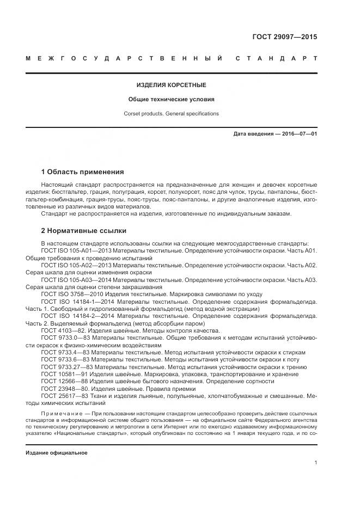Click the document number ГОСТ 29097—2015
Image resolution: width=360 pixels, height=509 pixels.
point(284,37)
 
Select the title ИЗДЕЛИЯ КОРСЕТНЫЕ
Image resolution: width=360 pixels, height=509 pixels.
point(171,85)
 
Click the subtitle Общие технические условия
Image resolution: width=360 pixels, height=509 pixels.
point(171,100)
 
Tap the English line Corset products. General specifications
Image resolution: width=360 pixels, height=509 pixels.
point(171,114)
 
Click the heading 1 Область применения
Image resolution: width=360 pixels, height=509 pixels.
point(82,172)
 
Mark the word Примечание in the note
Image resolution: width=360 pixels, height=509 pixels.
point(64,414)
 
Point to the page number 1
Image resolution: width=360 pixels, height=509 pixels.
point(315,463)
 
